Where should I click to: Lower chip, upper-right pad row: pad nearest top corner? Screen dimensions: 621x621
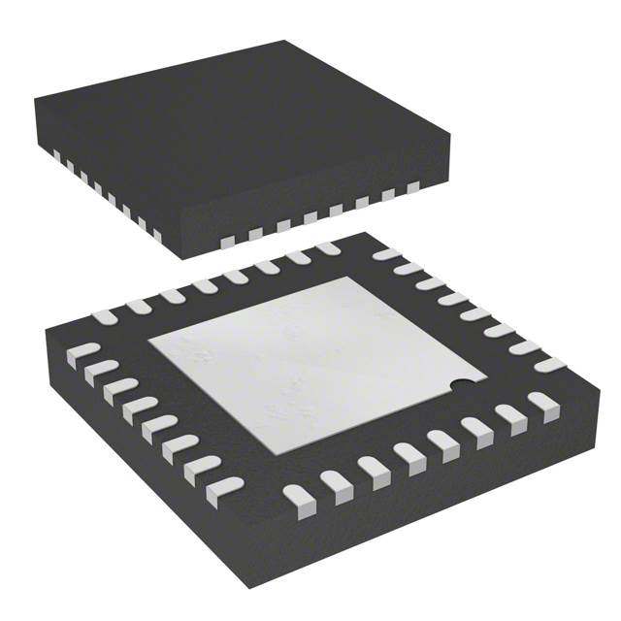pos(386,254)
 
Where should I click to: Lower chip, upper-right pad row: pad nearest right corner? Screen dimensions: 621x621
pos(549,365)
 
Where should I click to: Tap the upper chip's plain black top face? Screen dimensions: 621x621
pos(243,116)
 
